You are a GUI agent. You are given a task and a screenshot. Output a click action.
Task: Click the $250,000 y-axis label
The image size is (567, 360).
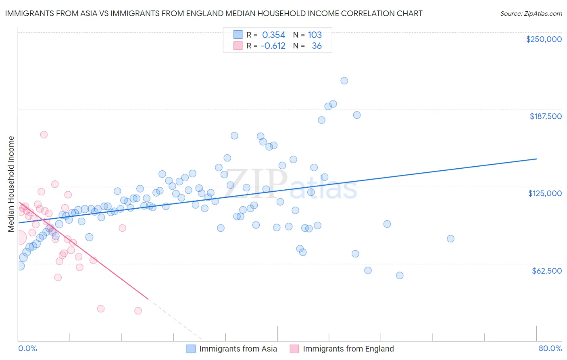(x=544, y=39)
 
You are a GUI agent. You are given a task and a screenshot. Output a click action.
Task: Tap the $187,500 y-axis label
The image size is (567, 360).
(x=545, y=116)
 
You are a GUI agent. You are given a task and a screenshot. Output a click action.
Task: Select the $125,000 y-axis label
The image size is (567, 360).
(x=545, y=193)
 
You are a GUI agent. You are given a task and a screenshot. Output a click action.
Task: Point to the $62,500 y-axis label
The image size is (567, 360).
(x=546, y=271)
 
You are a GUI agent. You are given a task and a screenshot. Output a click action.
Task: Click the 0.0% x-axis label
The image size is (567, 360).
(x=27, y=348)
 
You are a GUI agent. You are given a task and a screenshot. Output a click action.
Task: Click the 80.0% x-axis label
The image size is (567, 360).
(x=550, y=348)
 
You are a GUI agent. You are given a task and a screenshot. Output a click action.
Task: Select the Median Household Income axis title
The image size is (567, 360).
(x=11, y=184)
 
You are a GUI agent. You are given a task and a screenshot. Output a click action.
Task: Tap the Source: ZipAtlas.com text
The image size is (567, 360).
(x=531, y=13)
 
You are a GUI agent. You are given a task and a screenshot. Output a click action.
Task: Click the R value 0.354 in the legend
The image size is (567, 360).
(x=273, y=35)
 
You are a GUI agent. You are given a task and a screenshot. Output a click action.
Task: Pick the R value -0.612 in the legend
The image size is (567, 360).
(x=273, y=46)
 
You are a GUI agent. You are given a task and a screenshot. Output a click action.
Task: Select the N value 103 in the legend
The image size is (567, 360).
(x=315, y=35)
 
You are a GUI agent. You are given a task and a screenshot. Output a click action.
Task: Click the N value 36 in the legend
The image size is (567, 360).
(x=317, y=46)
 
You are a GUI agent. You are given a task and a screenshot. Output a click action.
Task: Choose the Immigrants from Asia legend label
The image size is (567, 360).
(x=238, y=349)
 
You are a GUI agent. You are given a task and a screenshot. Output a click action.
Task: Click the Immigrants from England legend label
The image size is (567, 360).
(x=348, y=349)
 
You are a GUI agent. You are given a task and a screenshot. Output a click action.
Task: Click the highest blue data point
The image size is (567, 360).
(x=344, y=81)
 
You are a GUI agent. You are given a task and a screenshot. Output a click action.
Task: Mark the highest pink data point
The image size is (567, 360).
(x=44, y=135)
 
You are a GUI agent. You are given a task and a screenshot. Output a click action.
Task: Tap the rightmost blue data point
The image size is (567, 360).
(x=450, y=239)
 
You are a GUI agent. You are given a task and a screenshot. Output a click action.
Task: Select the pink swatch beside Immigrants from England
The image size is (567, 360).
(x=294, y=349)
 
